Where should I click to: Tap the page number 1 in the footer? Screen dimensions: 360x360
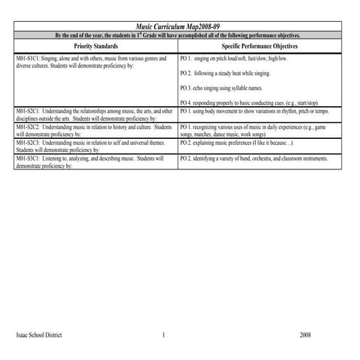[164, 335]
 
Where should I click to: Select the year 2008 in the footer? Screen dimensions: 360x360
[305, 335]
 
